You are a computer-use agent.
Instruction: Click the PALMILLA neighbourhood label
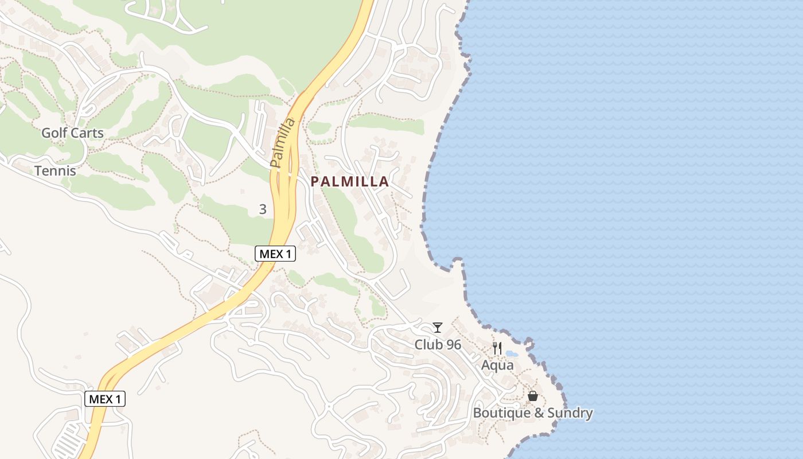[x=349, y=182]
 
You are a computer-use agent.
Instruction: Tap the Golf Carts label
[x=72, y=133]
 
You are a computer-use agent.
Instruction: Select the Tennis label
[x=55, y=170]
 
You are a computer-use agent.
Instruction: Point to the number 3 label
[x=263, y=209]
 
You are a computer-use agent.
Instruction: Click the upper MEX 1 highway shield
[x=275, y=254]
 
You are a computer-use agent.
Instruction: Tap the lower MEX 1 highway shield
[x=105, y=399]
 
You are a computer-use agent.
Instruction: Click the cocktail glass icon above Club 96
[x=438, y=328]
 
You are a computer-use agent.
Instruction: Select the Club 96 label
[x=438, y=345]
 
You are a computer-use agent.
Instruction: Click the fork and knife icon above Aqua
[x=497, y=348]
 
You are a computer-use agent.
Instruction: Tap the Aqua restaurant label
[x=497, y=365]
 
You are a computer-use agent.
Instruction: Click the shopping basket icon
[x=533, y=396]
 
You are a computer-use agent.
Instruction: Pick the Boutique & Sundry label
[x=533, y=413]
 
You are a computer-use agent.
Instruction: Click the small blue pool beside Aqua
[x=512, y=354]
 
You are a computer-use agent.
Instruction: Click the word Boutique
[x=497, y=413]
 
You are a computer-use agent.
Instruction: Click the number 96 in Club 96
[x=453, y=345]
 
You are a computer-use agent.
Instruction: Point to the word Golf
[x=53, y=133]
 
